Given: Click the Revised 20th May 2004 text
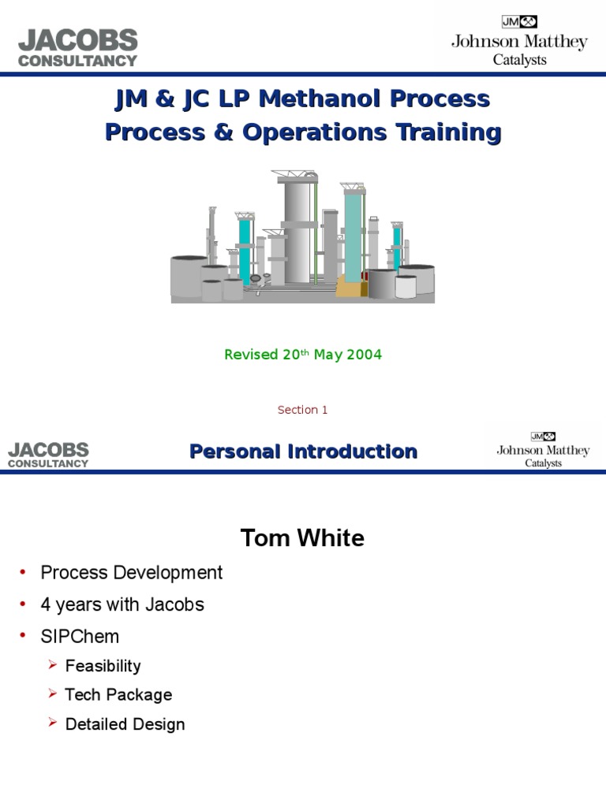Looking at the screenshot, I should pyautogui.click(x=303, y=355).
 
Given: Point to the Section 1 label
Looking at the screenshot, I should pyautogui.click(x=302, y=410).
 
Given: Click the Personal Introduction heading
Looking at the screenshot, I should pyautogui.click(x=303, y=452).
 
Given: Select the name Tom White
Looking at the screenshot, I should pyautogui.click(x=302, y=538).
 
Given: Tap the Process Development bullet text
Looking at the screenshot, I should pyautogui.click(x=132, y=573).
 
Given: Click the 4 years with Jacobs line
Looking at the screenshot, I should pyautogui.click(x=122, y=604).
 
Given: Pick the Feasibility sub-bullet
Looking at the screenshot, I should pyautogui.click(x=103, y=666).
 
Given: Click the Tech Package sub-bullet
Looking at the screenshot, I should pyautogui.click(x=118, y=695).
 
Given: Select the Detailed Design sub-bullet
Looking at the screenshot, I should pyautogui.click(x=125, y=724).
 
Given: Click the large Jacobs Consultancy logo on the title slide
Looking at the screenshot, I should pyautogui.click(x=78, y=47).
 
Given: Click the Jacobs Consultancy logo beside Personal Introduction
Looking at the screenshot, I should pyautogui.click(x=49, y=455).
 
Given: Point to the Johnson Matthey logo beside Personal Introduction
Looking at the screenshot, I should pyautogui.click(x=543, y=450).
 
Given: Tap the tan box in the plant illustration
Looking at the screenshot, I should pyautogui.click(x=352, y=285).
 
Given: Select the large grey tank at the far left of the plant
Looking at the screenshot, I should pyautogui.click(x=189, y=276).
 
